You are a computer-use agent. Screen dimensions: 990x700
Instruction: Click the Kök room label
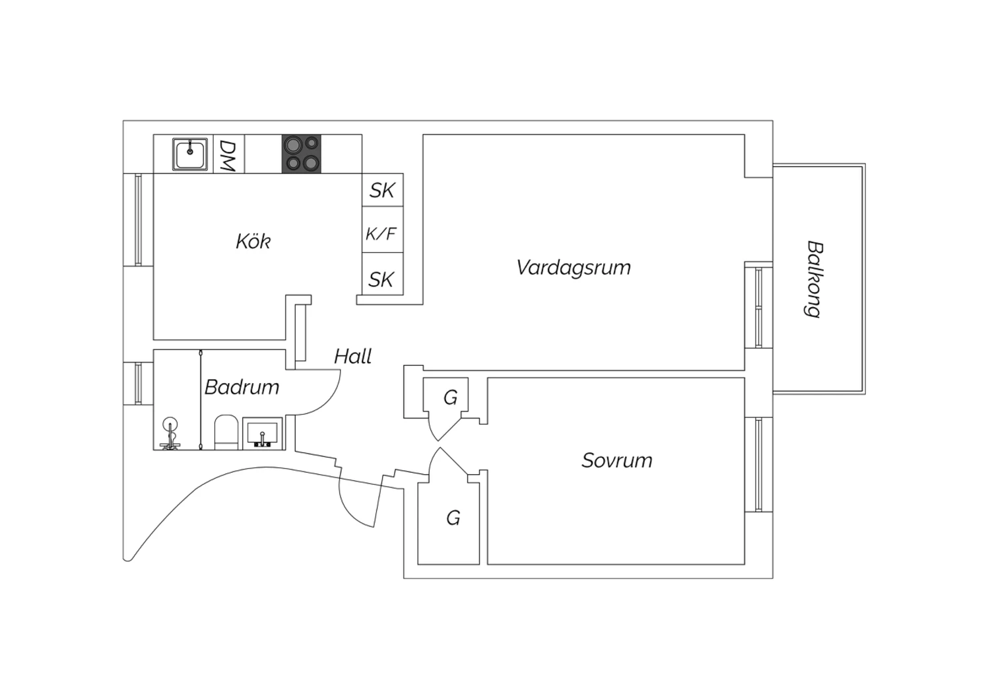[253, 242]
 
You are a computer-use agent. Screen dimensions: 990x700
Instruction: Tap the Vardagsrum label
[574, 267]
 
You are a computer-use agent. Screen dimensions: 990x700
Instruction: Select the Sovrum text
[616, 460]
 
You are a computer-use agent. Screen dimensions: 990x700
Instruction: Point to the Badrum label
[242, 387]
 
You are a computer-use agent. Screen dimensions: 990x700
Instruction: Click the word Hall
[352, 356]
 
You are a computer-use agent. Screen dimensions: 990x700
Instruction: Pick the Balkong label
[814, 279]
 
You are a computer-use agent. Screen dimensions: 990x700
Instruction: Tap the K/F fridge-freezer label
[381, 234]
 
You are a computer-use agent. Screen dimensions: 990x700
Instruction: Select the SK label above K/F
[382, 190]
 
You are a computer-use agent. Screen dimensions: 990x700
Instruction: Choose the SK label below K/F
[381, 279]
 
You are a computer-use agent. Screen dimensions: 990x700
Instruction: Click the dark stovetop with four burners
[302, 153]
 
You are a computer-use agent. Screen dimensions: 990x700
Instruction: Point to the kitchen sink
[189, 153]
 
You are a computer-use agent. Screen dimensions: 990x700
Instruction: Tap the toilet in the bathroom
[226, 432]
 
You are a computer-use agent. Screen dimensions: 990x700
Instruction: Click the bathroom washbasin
[262, 433]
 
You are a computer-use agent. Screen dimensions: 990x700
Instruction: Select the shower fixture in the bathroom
[170, 433]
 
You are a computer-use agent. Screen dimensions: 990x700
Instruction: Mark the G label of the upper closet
[450, 398]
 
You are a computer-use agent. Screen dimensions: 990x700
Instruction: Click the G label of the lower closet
[453, 518]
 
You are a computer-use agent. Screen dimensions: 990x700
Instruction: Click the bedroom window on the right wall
[759, 465]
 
